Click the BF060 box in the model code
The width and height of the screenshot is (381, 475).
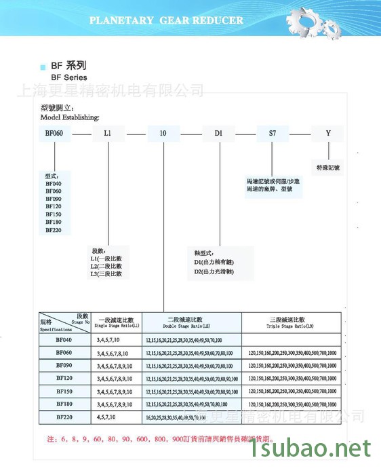coord(54,134)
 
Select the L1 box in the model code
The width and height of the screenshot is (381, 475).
coord(108,134)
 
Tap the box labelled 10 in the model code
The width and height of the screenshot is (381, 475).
coord(163,134)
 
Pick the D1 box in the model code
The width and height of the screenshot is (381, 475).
coord(218,134)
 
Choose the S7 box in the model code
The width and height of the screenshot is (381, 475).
coord(273,134)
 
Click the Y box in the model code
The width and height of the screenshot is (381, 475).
coord(328,134)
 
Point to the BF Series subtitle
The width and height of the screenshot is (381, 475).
coord(65,78)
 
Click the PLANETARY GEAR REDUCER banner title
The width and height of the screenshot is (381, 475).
coord(166,20)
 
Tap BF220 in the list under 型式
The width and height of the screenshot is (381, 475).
coord(54,230)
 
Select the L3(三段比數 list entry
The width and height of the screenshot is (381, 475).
coord(106,273)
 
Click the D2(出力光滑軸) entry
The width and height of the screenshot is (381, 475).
coord(214,271)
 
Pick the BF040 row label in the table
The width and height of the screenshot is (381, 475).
coord(64,339)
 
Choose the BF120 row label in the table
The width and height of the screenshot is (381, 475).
coord(64,378)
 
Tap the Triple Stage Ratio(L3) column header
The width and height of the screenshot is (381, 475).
coord(292,322)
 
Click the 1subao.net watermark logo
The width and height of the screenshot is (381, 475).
coord(311,449)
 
